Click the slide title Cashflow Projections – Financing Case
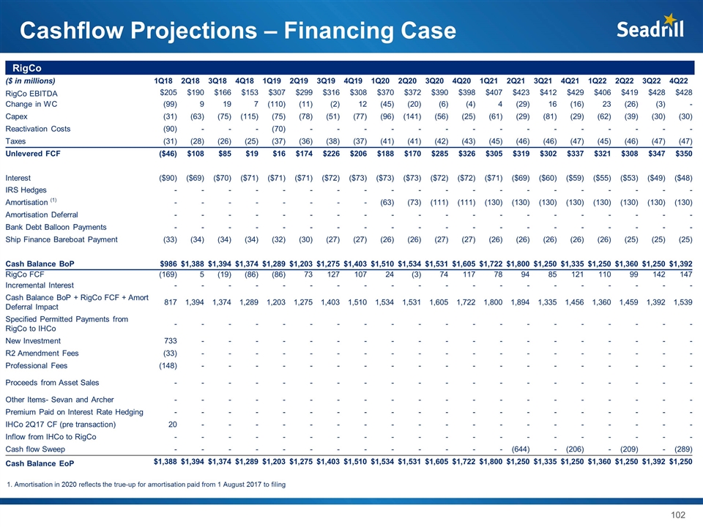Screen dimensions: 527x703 pos(238,31)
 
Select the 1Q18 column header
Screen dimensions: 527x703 pos(163,81)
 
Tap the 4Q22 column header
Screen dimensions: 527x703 pos(682,81)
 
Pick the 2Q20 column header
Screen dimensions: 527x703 pos(409,81)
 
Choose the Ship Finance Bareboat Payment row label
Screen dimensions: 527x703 pos(61,239)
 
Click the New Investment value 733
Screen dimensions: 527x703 pos(166,341)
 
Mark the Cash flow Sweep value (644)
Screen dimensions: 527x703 pos(519,449)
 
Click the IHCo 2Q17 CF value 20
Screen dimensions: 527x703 pos(171,424)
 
